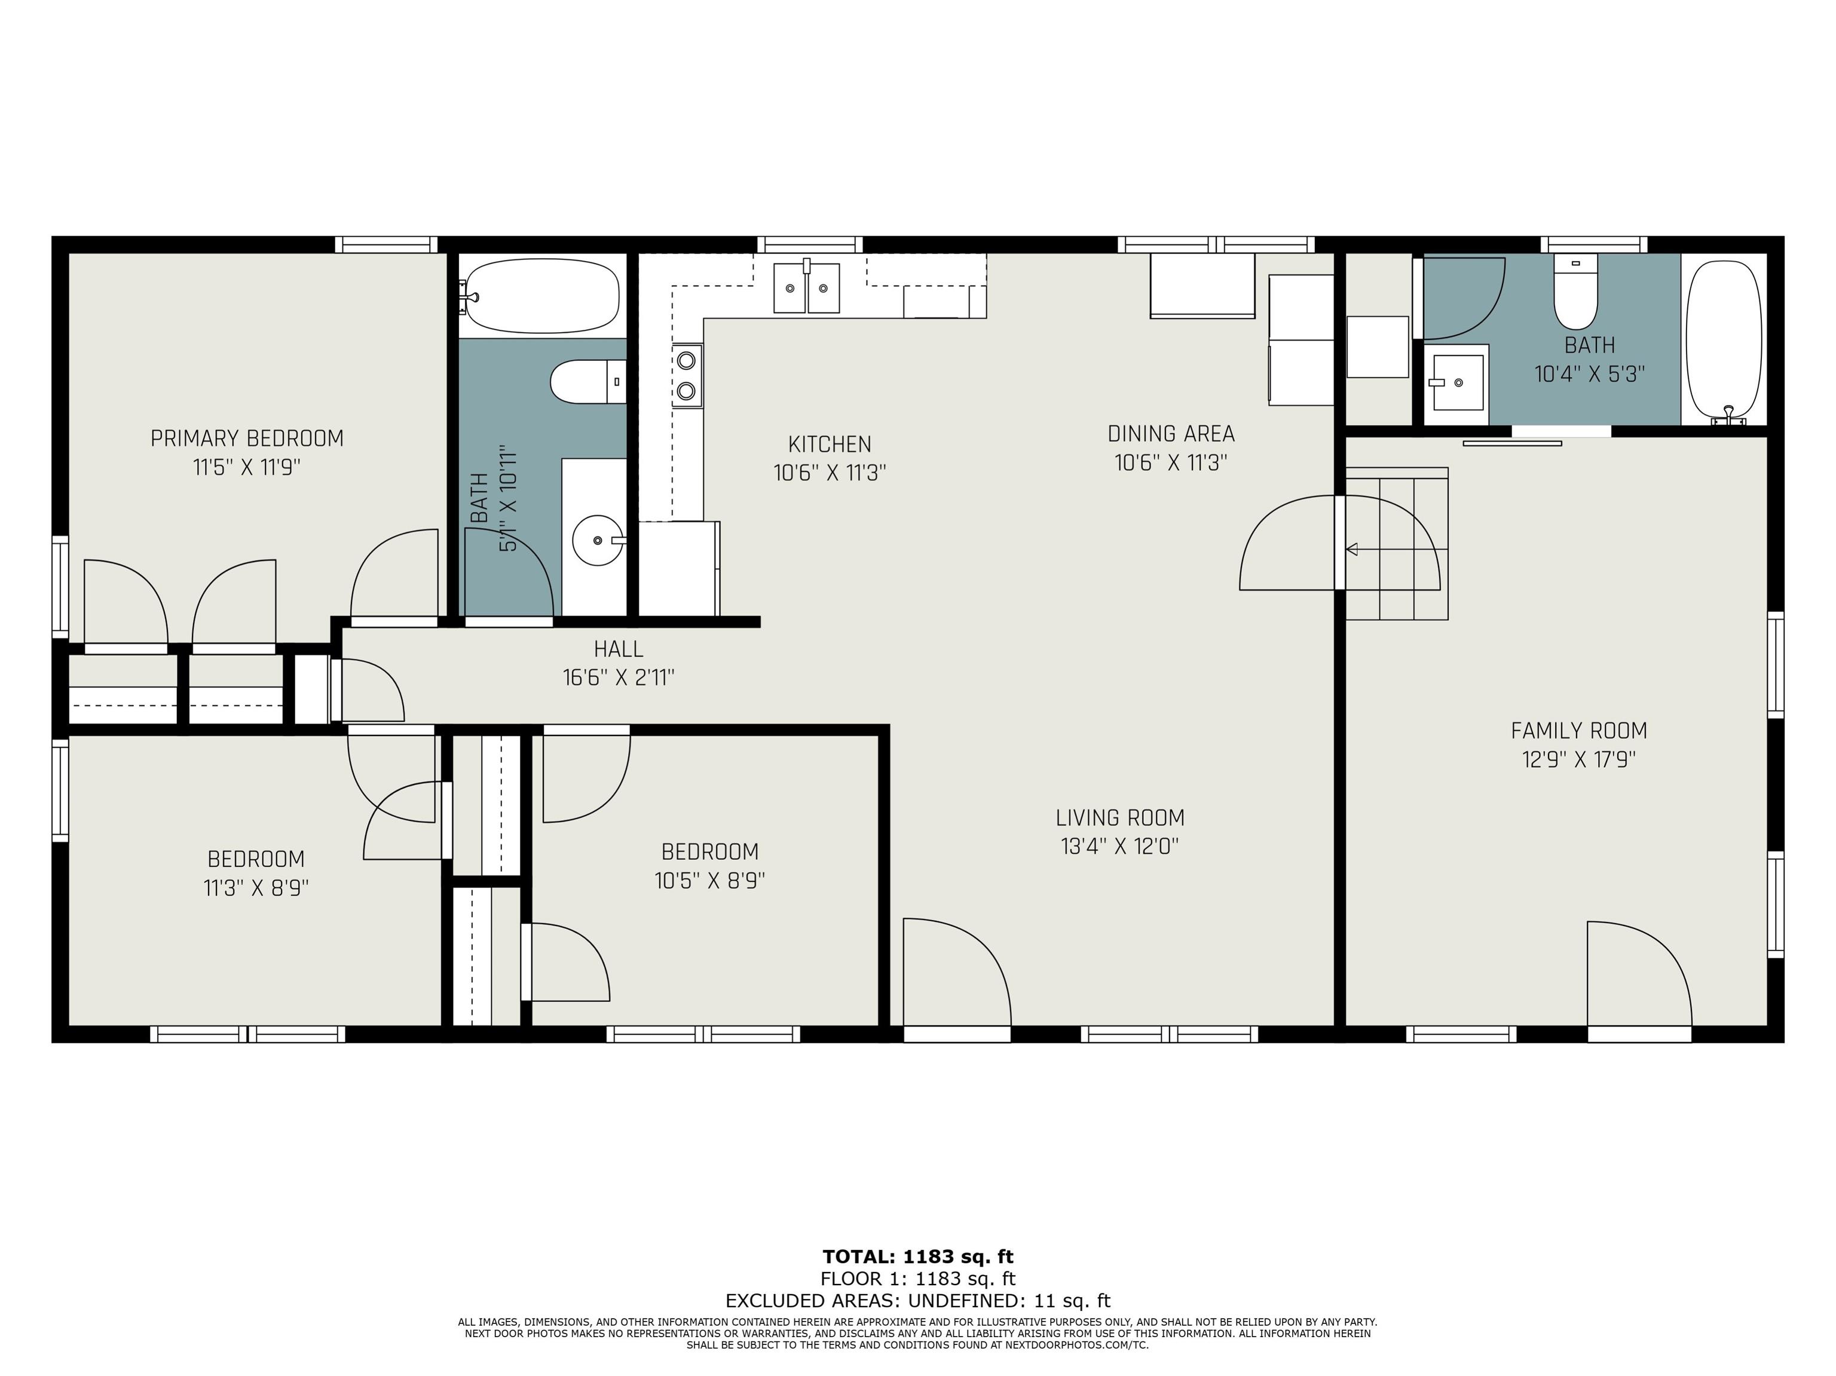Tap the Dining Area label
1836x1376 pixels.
[1171, 433]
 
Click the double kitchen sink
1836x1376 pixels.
[807, 287]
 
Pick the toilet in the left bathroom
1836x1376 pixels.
[587, 382]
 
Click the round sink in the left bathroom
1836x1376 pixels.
[598, 540]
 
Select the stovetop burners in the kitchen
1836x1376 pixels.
[687, 376]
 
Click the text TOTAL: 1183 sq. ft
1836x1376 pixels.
[918, 1257]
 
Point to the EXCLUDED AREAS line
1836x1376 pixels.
[918, 1301]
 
